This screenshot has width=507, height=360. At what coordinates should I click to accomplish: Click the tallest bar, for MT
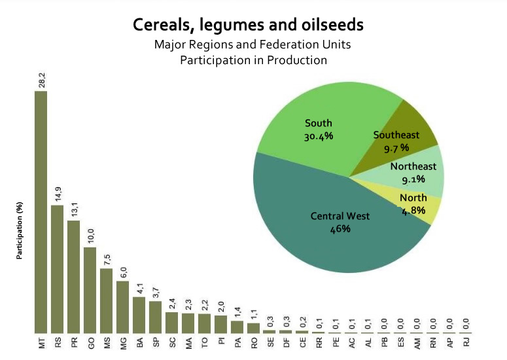point(41,212)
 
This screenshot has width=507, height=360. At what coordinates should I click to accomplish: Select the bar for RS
point(57,269)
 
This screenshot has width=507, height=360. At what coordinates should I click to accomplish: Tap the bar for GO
point(90,291)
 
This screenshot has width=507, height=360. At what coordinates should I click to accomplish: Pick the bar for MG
point(122,307)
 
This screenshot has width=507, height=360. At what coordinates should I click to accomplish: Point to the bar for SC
point(171,323)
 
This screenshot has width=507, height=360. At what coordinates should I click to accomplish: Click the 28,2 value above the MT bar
point(42,81)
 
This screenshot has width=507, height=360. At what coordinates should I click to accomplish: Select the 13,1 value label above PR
point(75,210)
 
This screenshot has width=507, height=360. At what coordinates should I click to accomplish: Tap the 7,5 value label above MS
point(107,260)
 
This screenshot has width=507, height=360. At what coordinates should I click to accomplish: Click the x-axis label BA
point(140,342)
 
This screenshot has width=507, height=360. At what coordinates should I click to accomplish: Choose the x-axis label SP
point(156,342)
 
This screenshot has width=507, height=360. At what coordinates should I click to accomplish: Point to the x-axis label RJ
point(466,342)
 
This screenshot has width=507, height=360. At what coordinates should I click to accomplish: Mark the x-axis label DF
point(287,342)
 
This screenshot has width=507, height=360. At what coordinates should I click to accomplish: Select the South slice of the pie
point(319,130)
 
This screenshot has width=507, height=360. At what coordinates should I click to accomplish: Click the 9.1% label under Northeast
point(413,179)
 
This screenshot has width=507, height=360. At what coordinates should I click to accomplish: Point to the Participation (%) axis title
point(20,230)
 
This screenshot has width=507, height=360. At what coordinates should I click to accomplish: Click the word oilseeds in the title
point(332,25)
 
